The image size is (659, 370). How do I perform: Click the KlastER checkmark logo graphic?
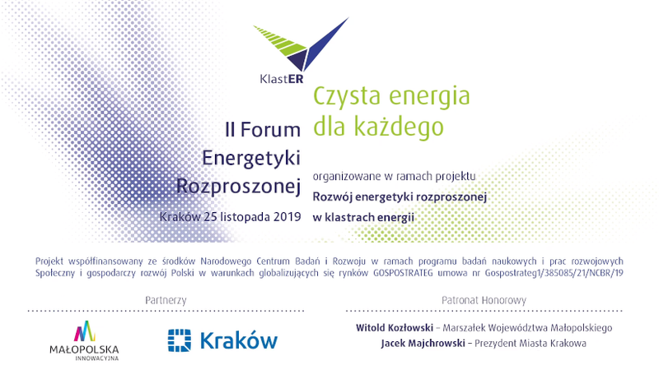[x=301, y=45]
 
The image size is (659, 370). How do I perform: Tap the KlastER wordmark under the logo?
[x=282, y=78]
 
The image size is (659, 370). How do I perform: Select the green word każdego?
[x=399, y=127]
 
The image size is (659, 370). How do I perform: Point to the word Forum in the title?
[x=270, y=130]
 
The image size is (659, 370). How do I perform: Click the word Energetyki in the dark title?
[x=251, y=159]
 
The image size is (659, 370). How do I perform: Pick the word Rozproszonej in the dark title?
[x=238, y=187]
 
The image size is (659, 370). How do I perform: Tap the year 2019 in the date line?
[x=287, y=217]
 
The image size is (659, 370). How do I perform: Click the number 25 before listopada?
[x=210, y=217]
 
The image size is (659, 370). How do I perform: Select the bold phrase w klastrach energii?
[x=363, y=217]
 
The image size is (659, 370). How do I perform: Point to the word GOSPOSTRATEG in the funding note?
[x=403, y=273]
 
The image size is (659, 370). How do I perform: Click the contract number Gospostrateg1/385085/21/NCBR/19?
[x=554, y=273]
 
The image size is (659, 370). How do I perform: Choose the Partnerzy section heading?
[x=166, y=300]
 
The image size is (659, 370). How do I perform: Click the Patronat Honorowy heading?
[x=484, y=300]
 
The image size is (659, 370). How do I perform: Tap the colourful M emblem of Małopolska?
[x=85, y=331]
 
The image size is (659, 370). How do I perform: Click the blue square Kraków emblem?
[x=180, y=340]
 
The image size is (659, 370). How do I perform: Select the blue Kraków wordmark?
[x=239, y=340]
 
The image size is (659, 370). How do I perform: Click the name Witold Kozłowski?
[x=395, y=327]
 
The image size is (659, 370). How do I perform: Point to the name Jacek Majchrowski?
[x=423, y=343]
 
